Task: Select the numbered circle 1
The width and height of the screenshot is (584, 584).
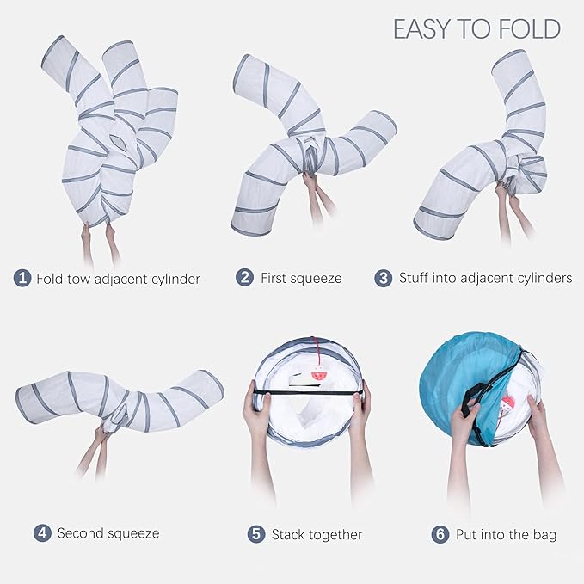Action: click(22, 278)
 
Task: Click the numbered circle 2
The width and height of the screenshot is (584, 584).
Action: click(244, 278)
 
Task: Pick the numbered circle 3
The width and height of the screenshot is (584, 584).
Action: click(384, 278)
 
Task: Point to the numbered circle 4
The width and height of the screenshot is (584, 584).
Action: click(42, 533)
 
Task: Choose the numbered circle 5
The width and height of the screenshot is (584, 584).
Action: click(256, 534)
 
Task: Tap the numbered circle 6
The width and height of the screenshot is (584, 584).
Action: click(440, 534)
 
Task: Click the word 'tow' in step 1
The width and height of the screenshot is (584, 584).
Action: click(79, 279)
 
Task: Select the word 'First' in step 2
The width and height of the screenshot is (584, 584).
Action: click(274, 278)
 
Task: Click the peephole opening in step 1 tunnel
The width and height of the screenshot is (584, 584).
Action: click(119, 142)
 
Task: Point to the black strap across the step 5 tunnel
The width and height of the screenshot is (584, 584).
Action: click(307, 393)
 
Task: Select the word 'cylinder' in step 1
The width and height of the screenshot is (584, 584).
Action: click(176, 280)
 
